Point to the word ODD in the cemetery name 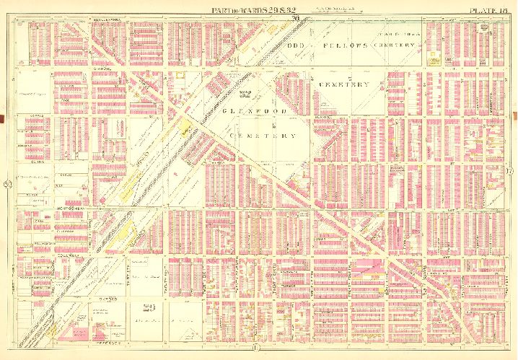[297, 45]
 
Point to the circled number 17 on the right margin [510, 172]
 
